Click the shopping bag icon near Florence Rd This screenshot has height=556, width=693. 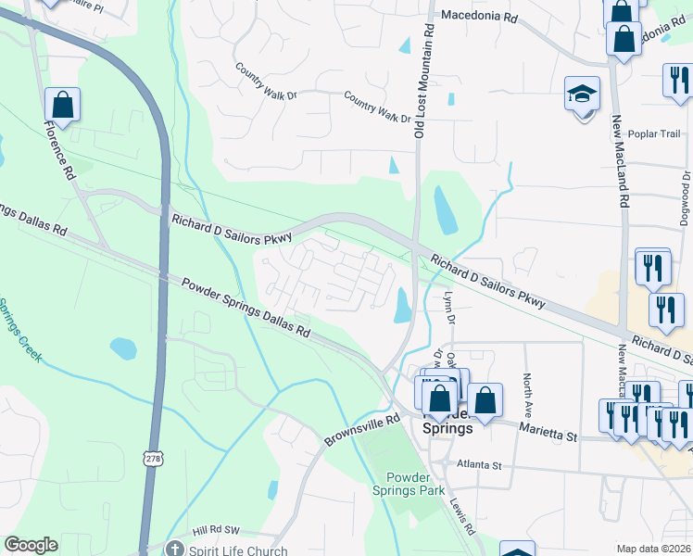[x=62, y=106]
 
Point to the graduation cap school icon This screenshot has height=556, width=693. [x=583, y=94]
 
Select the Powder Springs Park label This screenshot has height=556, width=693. [x=409, y=483]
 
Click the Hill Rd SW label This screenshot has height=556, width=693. [x=216, y=531]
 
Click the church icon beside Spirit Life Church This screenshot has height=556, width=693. [x=175, y=548]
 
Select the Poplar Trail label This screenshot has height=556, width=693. [x=654, y=133]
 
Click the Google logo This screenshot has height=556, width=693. [x=31, y=545]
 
